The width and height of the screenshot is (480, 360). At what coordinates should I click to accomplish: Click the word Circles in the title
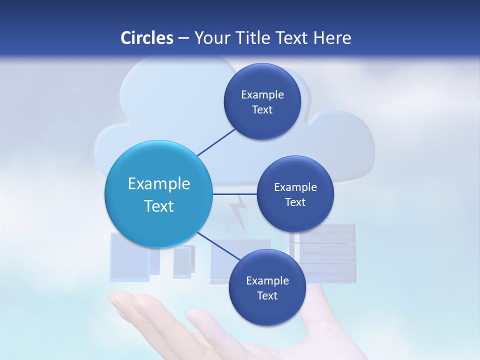pos(146,38)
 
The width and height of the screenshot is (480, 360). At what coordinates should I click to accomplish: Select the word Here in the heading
pos(332,38)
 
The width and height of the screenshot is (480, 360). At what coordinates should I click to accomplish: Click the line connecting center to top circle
pos(216,141)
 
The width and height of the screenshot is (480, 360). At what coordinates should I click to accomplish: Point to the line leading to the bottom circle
pos(219,246)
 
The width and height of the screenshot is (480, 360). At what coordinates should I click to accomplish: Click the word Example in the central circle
pos(159,184)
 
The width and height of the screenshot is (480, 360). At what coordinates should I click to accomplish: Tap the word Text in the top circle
pos(262,110)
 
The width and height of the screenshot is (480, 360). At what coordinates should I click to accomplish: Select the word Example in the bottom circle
pos(267,280)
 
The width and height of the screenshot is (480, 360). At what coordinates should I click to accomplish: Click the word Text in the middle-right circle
pos(295,202)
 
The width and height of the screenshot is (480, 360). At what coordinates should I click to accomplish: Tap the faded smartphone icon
pos(181,262)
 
